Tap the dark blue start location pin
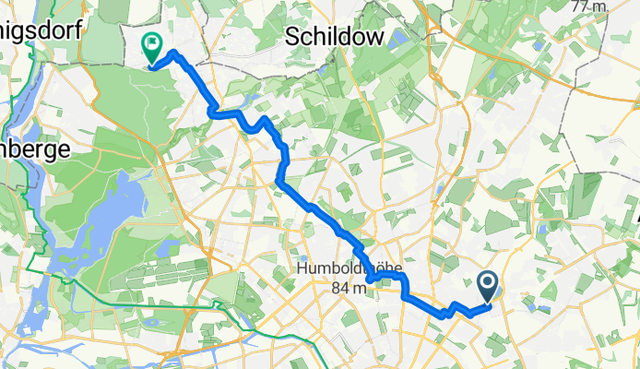pyautogui.click(x=489, y=287)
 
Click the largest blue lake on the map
pyautogui.click(x=106, y=221)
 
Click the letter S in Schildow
pyautogui.click(x=292, y=36)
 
